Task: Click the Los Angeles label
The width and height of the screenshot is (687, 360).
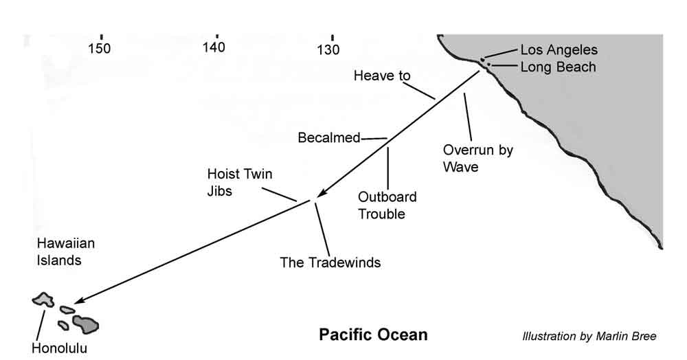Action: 559,50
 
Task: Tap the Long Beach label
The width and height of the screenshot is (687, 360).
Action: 558,67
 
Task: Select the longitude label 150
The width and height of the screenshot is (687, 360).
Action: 100,49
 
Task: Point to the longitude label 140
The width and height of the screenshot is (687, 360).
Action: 215,48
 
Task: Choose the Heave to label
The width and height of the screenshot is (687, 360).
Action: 381,76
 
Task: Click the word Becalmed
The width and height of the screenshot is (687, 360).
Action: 329,138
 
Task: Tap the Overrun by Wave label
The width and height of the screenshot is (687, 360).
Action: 478,158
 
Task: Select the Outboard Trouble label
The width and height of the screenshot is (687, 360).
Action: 387,205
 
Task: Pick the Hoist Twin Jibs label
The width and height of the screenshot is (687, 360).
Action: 234,182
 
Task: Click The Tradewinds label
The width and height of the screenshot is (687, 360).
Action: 330,262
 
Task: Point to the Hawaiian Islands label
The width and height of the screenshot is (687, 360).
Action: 65,251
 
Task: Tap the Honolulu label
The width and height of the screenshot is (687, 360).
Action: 60,348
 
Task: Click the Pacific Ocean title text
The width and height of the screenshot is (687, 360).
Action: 372,335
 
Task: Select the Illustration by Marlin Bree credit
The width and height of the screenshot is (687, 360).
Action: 589,337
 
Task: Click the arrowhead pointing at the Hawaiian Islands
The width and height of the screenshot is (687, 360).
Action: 78,301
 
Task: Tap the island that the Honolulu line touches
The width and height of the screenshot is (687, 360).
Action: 44,300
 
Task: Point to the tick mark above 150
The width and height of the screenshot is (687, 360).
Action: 101,36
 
